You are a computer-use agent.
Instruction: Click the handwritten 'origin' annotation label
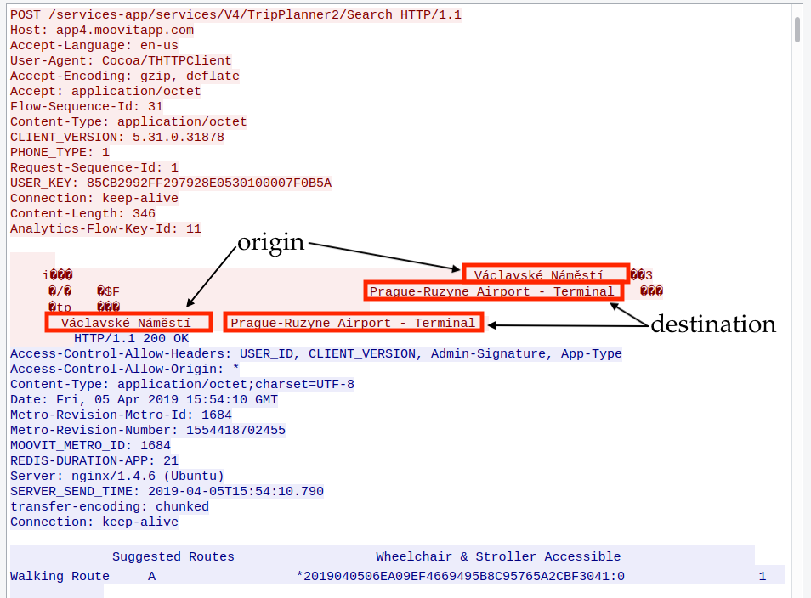tap(270, 242)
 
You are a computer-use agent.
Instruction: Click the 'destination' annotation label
tap(712, 324)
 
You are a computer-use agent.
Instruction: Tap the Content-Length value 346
tap(144, 213)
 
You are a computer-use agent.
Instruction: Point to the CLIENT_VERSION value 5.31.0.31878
tap(178, 137)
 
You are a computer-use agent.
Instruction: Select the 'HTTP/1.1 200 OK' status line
tap(131, 338)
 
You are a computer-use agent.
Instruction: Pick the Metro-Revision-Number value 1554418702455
tap(235, 430)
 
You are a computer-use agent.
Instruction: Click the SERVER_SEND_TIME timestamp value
tap(235, 491)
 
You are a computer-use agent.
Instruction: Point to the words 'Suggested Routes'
tap(173, 557)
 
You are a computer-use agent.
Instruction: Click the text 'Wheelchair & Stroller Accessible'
tap(498, 557)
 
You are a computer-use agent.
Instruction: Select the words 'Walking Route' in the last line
tap(60, 577)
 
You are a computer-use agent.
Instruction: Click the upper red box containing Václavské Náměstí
tap(545, 274)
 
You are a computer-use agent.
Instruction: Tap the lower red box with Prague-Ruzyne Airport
tap(353, 323)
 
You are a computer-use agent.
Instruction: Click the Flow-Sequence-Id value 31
tap(155, 106)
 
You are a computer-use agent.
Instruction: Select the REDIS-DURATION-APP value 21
tap(170, 460)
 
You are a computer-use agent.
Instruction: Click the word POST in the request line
tap(26, 14)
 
